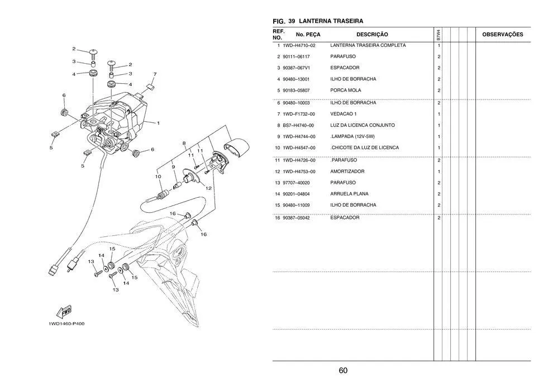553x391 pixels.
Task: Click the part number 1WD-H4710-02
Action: pos(299,45)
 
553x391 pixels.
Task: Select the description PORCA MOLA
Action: pos(346,90)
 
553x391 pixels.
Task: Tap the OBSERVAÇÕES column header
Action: pos(502,35)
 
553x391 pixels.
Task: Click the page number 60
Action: pos(343,371)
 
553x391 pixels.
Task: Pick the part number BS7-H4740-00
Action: pos(298,125)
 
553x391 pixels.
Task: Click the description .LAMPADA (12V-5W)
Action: pos(352,136)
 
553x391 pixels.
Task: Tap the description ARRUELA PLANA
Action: pos(349,194)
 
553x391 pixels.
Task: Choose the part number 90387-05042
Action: pos(297,218)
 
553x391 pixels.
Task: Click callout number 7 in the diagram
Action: pos(155,74)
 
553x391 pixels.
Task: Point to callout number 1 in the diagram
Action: pos(159,123)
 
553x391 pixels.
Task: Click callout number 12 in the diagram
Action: pos(208,188)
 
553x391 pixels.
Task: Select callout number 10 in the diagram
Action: pos(158,177)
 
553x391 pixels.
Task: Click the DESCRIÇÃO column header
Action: pos(372,35)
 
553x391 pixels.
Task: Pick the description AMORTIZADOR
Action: pos(347,171)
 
